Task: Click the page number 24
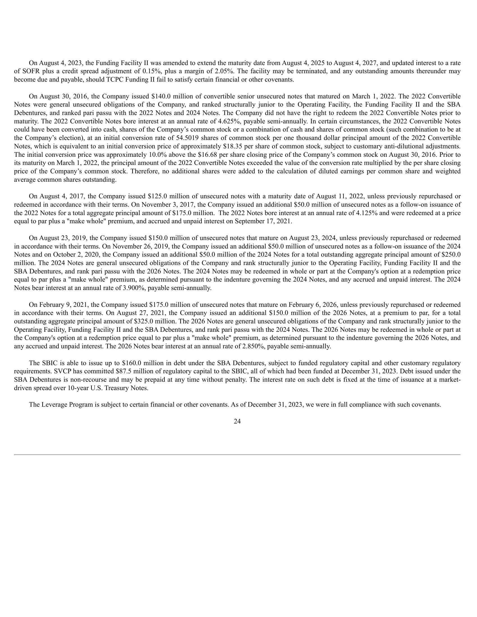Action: (237, 421)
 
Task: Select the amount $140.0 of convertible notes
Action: (156, 96)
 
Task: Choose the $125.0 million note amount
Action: (157, 196)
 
